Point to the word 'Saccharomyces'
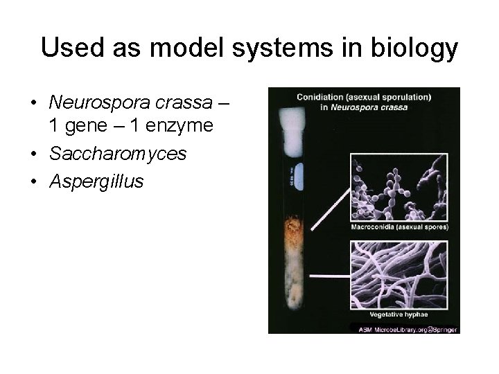coord(118,154)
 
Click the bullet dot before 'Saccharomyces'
coord(33,154)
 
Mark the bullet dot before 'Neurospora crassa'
coord(33,103)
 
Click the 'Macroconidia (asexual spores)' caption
coord(399,226)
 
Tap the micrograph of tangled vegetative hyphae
coord(400,274)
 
